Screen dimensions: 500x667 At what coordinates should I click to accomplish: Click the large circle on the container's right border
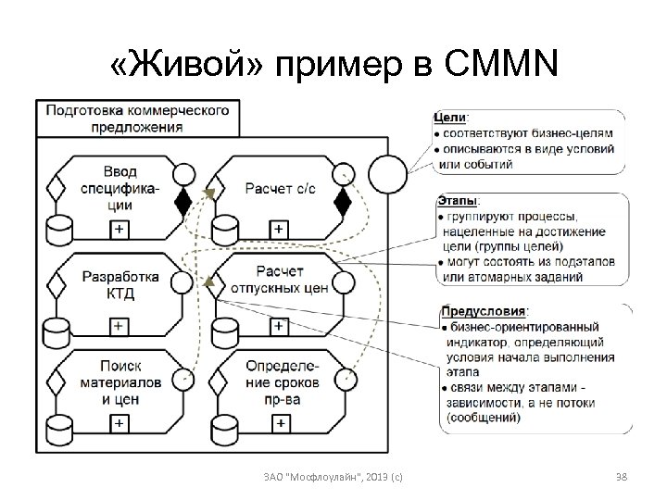(x=387, y=172)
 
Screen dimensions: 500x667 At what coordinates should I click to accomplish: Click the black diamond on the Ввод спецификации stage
(x=183, y=198)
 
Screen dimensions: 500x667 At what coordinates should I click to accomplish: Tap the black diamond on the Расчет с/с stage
(x=344, y=198)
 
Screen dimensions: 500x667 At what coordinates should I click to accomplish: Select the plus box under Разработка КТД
(x=120, y=326)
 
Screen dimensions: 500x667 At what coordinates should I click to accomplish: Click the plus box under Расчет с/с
(x=279, y=227)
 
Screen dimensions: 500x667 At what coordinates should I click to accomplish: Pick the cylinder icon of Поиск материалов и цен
(x=61, y=427)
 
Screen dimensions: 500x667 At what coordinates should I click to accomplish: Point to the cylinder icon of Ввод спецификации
(x=61, y=227)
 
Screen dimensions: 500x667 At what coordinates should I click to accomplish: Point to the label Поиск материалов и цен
(x=120, y=381)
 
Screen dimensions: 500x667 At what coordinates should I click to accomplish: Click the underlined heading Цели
(x=450, y=118)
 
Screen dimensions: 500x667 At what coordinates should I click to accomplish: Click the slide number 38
(x=622, y=476)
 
